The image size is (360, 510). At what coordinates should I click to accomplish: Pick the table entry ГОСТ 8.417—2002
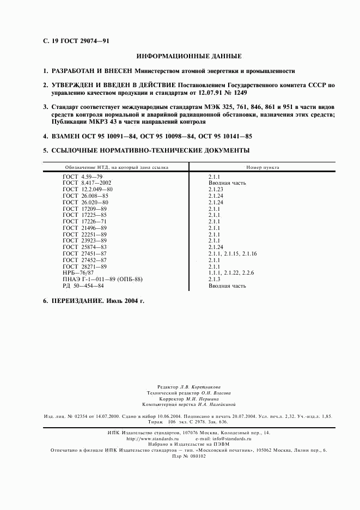(87, 183)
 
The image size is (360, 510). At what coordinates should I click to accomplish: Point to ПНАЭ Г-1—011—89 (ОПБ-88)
(103, 278)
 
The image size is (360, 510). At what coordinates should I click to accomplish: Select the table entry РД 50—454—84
(83, 285)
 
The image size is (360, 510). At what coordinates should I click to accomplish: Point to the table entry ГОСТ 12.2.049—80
(88, 190)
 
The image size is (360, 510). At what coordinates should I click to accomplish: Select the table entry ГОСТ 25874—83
(85, 247)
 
